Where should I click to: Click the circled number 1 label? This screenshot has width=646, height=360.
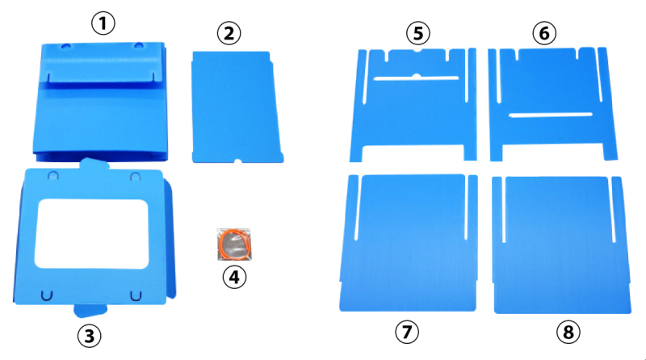(103, 23)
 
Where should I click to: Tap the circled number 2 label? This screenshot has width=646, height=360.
(229, 33)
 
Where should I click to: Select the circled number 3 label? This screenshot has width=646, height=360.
(90, 336)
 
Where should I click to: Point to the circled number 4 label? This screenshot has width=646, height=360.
(234, 277)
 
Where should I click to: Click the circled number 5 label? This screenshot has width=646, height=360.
(418, 33)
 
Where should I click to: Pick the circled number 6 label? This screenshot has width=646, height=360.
(544, 33)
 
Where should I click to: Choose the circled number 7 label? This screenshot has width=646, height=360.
(407, 332)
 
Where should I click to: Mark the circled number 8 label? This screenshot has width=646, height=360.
(568, 332)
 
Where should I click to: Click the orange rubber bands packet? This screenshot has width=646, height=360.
(234, 245)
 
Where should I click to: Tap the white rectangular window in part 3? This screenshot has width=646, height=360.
(91, 234)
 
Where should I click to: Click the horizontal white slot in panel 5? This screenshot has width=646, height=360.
(416, 77)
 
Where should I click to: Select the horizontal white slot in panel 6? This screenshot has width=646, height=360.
(551, 115)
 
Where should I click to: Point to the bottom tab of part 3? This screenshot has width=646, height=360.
(90, 311)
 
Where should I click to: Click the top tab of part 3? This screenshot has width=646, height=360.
(94, 164)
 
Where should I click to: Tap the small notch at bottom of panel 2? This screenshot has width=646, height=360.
(237, 161)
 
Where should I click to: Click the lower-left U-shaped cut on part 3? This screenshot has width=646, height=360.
(47, 295)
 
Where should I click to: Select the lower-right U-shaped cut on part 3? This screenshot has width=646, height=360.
(136, 295)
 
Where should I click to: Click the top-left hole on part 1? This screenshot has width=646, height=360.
(66, 46)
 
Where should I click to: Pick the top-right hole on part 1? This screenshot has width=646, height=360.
(139, 45)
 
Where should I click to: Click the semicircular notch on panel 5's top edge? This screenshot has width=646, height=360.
(417, 50)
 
